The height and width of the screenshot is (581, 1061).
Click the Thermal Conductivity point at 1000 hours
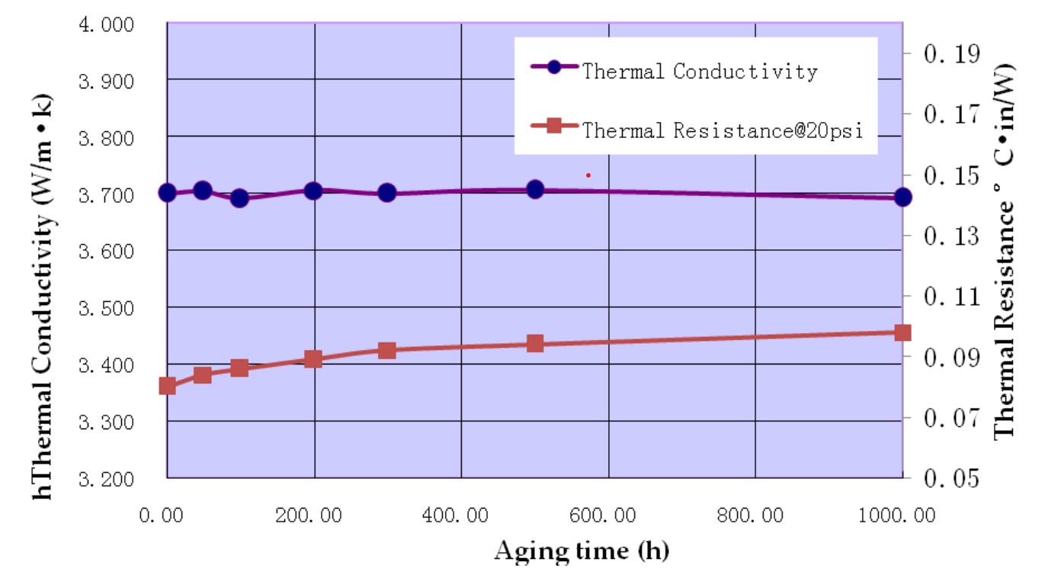903,197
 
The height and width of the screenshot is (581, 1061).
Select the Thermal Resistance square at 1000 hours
903,332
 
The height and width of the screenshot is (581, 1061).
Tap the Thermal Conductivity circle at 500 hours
535,189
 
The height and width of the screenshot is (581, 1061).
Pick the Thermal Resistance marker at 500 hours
535,344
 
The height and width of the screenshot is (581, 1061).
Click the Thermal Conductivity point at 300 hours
386,192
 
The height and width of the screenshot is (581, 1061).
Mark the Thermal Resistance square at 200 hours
313,359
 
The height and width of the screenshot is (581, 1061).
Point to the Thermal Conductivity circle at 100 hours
239,198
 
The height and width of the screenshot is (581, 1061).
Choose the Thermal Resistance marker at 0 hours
168,386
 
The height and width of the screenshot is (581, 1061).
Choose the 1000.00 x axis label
902,516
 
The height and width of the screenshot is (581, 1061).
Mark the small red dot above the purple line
588,175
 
